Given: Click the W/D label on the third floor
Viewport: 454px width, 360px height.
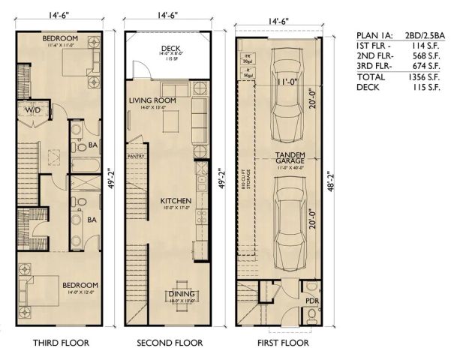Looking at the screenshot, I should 35,110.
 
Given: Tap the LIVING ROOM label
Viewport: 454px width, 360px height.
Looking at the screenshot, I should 152,100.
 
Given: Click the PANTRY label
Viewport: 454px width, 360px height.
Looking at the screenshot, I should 137,157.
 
